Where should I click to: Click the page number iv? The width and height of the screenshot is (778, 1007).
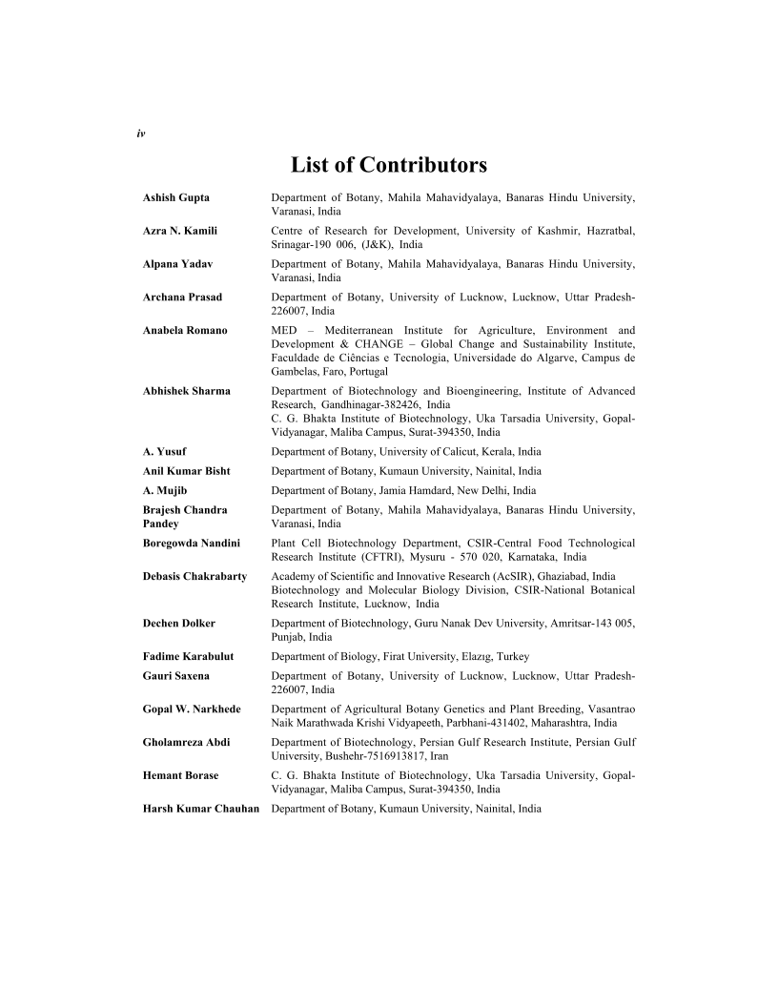140,134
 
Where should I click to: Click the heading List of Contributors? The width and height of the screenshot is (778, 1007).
389,165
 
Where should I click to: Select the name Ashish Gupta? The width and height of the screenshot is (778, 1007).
176,197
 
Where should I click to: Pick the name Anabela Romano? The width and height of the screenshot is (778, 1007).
185,331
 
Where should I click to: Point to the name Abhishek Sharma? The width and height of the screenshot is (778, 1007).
186,391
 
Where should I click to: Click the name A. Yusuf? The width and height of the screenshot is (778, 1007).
163,451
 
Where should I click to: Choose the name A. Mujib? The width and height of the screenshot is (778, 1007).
165,490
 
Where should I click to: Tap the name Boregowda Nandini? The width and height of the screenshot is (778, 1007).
192,544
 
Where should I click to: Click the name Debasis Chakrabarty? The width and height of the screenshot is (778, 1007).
194,577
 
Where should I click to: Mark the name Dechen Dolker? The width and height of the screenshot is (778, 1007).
179,624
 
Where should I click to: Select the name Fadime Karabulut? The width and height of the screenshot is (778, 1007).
189,656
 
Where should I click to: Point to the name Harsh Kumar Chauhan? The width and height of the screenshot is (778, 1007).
201,809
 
